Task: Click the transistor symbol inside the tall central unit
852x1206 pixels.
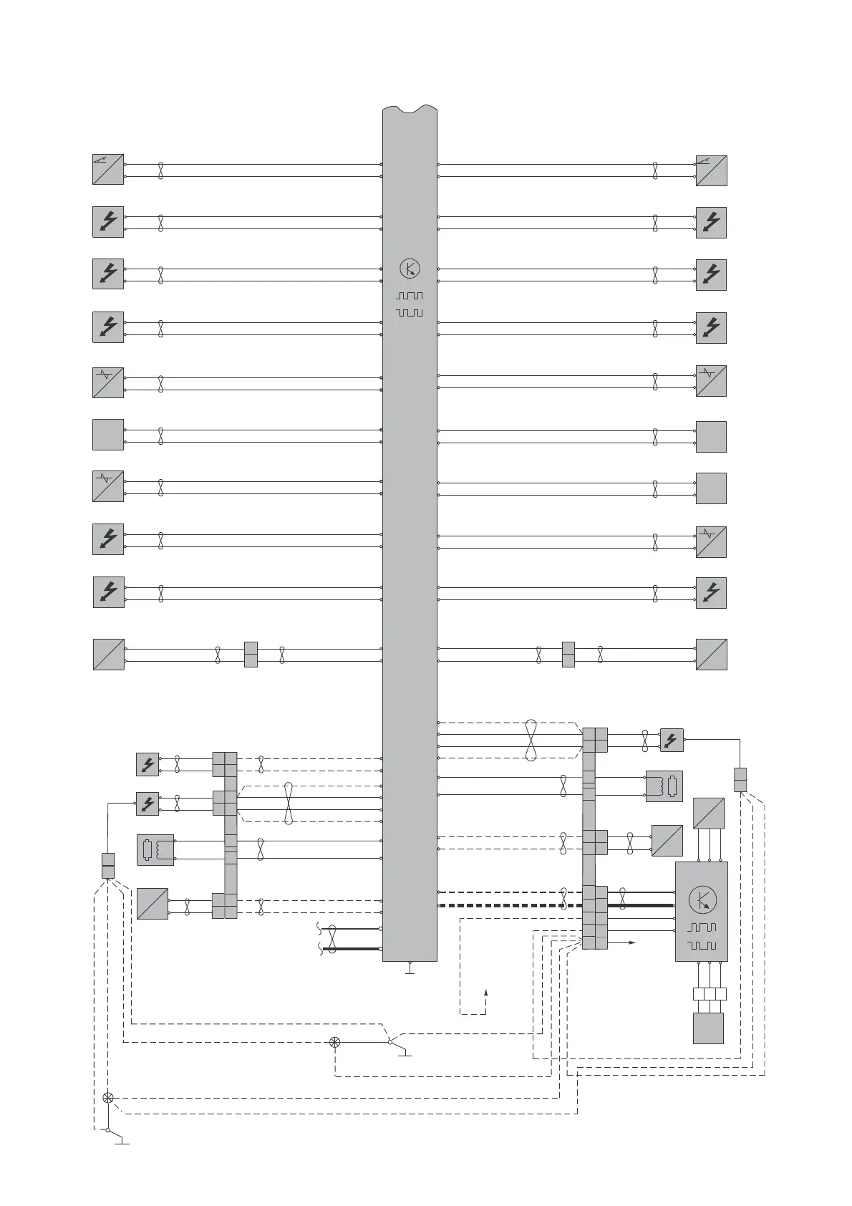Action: point(410,269)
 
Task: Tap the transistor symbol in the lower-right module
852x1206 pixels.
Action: point(702,899)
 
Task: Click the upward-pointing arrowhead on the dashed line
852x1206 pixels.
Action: point(486,992)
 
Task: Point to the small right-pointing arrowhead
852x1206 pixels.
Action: point(632,943)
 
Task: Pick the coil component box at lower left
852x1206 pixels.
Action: point(155,850)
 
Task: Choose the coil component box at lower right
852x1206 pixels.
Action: point(664,786)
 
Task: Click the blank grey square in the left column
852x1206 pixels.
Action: point(108,435)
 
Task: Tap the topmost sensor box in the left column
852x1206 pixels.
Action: point(108,169)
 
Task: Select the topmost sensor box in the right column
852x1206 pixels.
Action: point(712,170)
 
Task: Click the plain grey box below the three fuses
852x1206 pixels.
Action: point(708,1028)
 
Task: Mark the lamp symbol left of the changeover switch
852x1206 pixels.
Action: point(334,1042)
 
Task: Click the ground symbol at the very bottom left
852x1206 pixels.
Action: point(122,1142)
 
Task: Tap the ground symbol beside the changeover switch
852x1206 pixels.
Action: point(406,1053)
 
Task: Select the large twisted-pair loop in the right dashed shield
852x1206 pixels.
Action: point(531,740)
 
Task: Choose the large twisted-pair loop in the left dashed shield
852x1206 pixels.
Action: point(288,803)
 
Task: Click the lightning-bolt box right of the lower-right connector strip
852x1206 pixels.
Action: point(672,740)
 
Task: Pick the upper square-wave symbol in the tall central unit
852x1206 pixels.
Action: point(410,296)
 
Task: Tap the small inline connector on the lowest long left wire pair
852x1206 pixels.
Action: point(251,655)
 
